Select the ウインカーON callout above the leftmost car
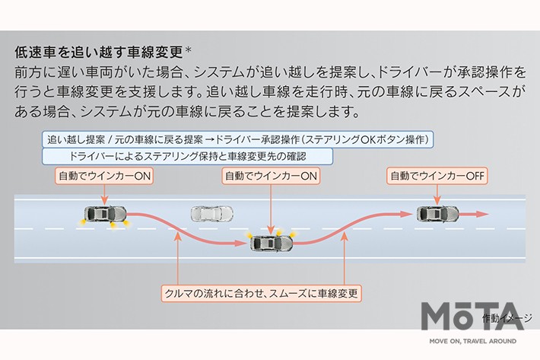pos(105,176)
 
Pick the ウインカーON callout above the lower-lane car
pos(271,176)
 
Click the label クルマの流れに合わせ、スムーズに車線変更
pos(262,293)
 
